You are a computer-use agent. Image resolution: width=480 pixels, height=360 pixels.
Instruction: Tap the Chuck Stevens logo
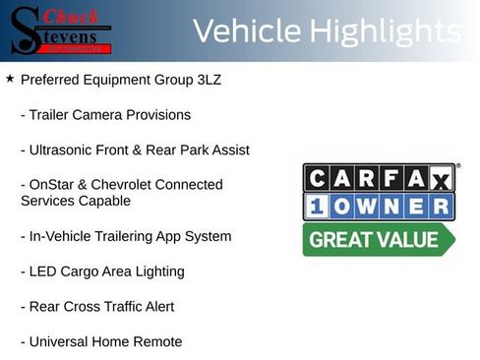click(61, 30)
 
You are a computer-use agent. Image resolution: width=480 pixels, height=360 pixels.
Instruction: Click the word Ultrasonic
click(66, 150)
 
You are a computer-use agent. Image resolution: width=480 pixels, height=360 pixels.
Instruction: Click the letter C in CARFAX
click(316, 178)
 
